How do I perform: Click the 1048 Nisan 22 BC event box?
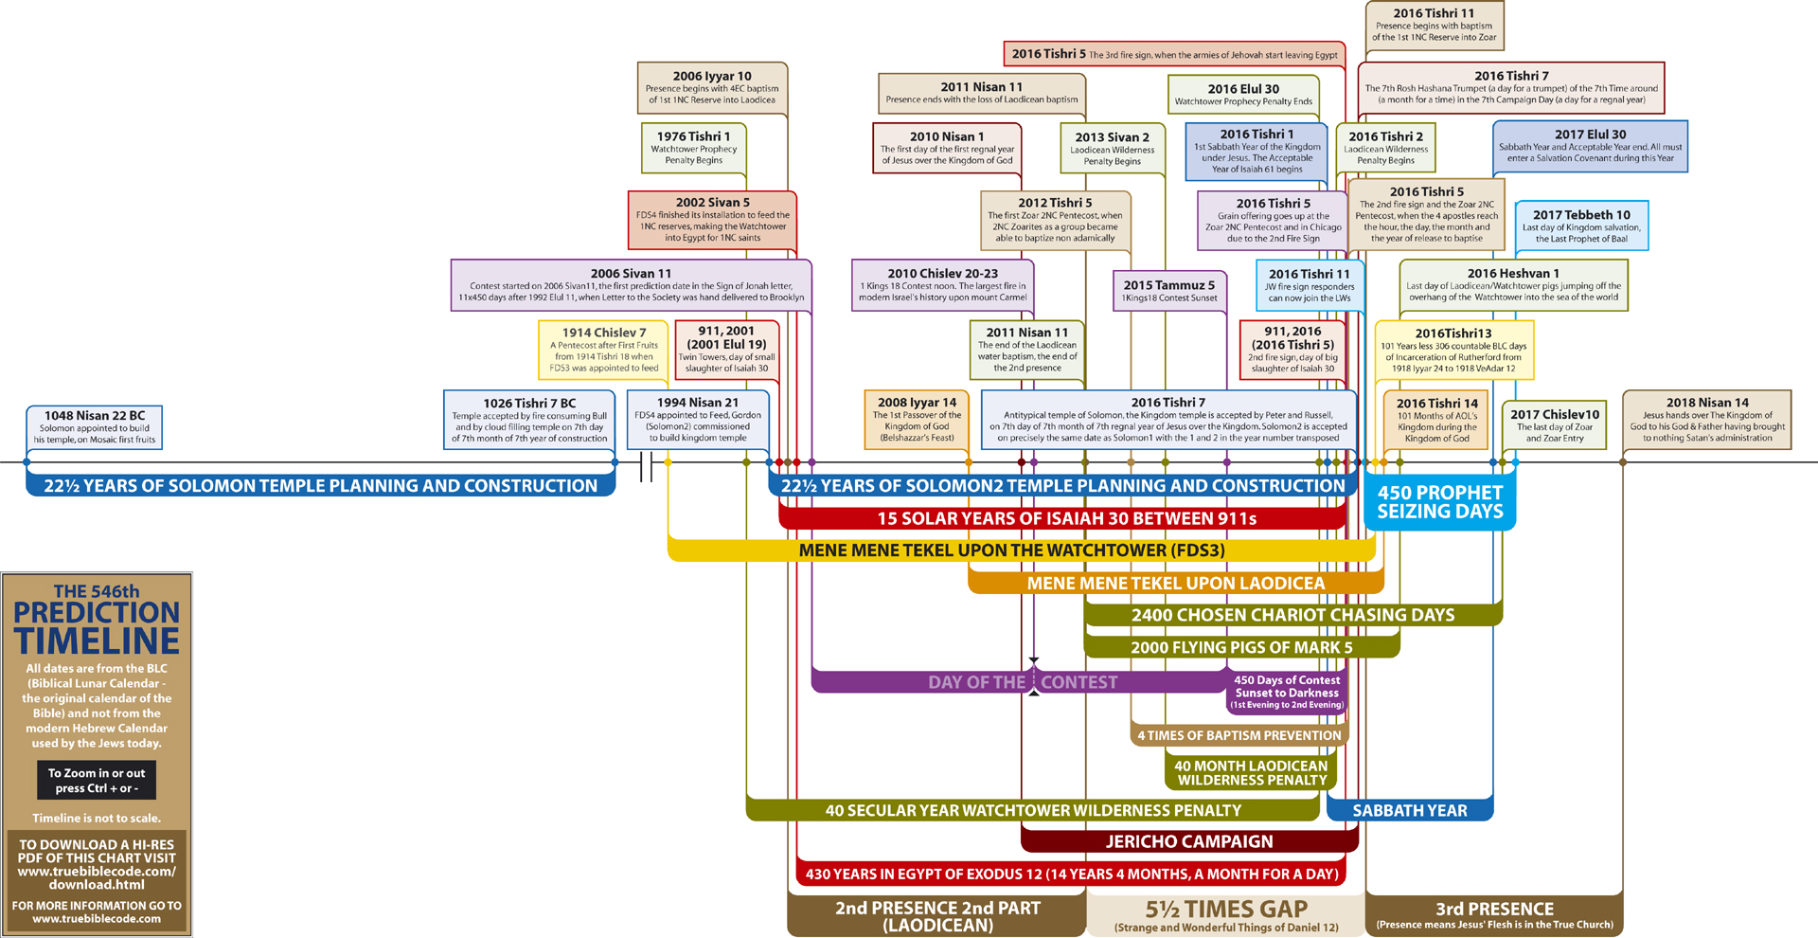click(95, 427)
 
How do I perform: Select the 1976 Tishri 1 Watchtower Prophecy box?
click(693, 148)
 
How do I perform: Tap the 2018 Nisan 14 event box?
click(1706, 420)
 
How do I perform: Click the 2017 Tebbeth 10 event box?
click(1581, 225)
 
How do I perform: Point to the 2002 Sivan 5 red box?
click(712, 219)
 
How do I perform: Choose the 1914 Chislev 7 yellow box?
click(603, 350)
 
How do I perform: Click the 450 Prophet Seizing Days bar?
click(1439, 502)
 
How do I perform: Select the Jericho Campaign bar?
click(1189, 841)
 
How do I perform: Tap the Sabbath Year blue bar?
click(1409, 810)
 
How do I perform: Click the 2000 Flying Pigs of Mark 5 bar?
click(1241, 647)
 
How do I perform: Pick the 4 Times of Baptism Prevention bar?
click(1239, 735)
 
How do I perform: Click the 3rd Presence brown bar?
click(1494, 914)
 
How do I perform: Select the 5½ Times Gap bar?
click(1226, 914)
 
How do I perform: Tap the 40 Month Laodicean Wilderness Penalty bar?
click(1251, 772)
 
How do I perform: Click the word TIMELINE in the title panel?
click(97, 641)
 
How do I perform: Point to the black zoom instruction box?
click(97, 780)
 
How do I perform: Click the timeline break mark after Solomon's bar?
click(647, 466)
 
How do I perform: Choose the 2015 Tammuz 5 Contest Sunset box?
click(1168, 291)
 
